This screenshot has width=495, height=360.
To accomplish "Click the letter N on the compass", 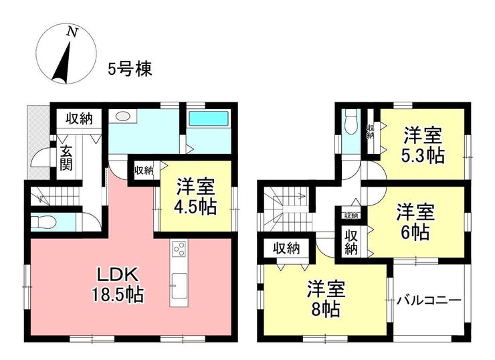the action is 73,32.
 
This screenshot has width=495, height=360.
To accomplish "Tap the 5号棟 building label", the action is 130,69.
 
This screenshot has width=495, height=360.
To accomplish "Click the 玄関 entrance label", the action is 66,158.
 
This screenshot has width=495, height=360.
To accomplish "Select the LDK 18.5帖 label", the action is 118,285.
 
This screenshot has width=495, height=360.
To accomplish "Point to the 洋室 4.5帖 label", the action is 196,197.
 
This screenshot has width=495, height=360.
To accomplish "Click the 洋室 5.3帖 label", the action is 423,145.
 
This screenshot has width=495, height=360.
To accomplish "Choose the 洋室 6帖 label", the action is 415,221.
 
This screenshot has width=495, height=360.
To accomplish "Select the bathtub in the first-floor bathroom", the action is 208,118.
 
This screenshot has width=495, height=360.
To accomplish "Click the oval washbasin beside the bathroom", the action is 123,116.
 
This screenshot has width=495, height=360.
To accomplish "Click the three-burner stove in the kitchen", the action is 179,248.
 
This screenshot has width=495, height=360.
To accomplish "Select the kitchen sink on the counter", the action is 179,286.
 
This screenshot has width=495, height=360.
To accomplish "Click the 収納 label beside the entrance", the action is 79,118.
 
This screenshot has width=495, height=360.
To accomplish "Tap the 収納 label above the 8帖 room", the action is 286,248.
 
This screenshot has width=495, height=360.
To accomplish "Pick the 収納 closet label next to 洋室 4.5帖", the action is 144,171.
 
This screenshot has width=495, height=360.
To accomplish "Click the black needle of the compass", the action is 62,63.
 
